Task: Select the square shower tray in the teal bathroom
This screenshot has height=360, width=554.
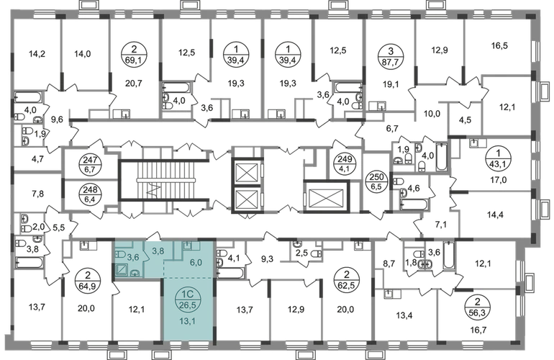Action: (122, 270)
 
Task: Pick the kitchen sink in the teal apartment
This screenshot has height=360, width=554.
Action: (187, 245)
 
